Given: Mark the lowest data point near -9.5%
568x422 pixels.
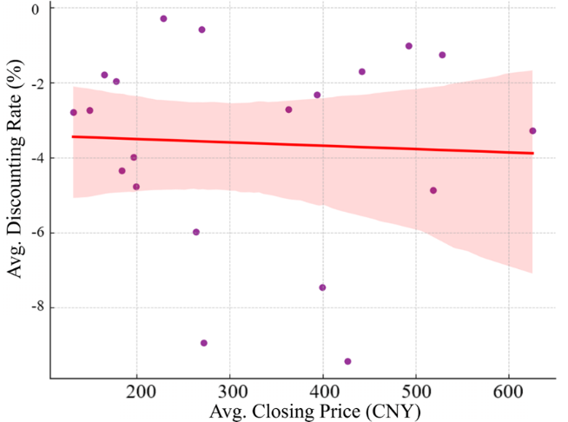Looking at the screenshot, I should pos(347,361).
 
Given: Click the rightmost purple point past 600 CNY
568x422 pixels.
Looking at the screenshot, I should pos(532,131).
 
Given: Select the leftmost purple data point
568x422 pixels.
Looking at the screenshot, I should pos(74,112).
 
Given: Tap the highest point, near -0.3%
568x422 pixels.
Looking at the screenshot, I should pos(163,18).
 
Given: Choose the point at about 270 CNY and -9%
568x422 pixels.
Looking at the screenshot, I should pos(203,343).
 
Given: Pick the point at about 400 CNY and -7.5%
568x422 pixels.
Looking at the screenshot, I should pos(322,287).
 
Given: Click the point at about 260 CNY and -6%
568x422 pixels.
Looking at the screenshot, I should pos(196,232).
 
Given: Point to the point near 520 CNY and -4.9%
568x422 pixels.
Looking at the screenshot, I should pos(433,190).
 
